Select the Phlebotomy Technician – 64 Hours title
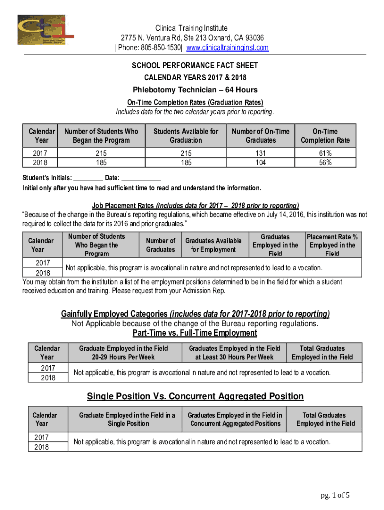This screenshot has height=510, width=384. [195, 90]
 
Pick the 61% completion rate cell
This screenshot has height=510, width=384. [325, 154]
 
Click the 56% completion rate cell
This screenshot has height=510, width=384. [325, 162]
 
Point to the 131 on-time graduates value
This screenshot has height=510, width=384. [260, 154]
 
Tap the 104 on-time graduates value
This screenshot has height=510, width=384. [260, 162]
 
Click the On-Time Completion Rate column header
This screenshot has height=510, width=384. [325, 136]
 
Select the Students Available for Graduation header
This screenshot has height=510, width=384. [186, 136]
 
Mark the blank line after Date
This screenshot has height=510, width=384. [141, 178]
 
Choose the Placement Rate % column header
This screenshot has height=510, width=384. [332, 245]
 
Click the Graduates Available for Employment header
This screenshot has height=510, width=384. [213, 245]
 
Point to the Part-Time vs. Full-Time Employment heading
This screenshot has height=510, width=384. [194, 333]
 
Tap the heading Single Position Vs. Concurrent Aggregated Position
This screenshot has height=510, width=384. [195, 396]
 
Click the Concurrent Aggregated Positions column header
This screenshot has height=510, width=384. [234, 419]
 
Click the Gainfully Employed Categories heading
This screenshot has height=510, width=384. [195, 314]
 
